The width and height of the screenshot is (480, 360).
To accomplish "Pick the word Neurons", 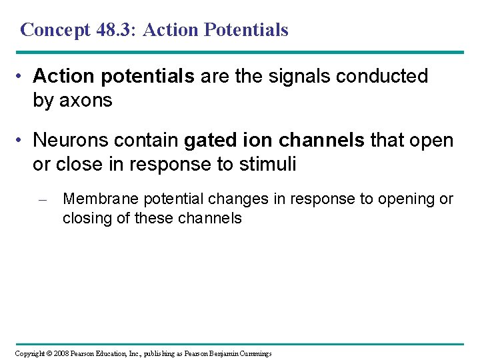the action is pyautogui.click(x=72, y=141).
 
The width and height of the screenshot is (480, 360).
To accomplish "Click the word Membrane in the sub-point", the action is pyautogui.click(x=94, y=199).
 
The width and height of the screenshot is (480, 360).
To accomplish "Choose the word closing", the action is pyautogui.click(x=85, y=217).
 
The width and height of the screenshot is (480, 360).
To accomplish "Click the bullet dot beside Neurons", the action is pyautogui.click(x=21, y=141).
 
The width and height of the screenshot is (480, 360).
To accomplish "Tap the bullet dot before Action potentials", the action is pyautogui.click(x=21, y=77).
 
